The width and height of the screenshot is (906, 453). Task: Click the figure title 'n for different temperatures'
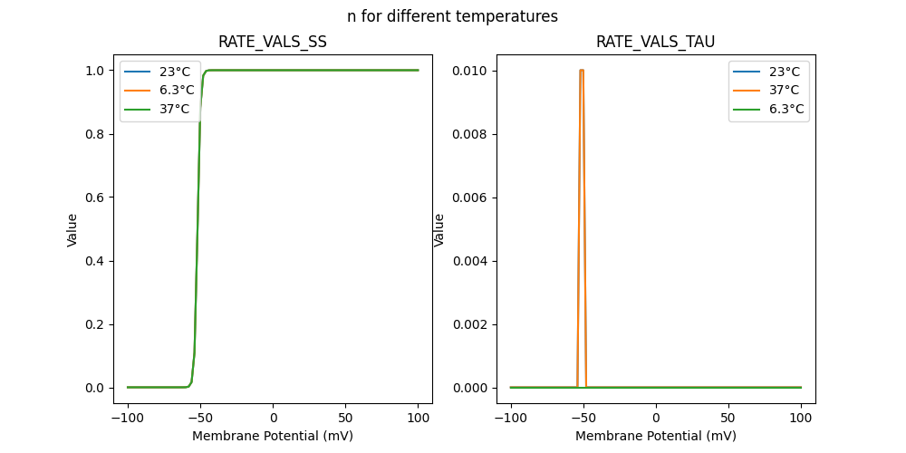point(452,16)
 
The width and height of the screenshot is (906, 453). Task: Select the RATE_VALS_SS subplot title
point(273,42)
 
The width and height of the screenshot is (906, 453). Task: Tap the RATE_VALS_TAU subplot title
point(655,42)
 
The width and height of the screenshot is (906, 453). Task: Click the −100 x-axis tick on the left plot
point(128,419)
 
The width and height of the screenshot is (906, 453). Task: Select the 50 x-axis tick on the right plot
point(728,419)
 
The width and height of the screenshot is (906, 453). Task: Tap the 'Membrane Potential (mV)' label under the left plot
point(273,436)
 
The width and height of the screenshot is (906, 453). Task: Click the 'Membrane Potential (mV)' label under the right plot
point(655,436)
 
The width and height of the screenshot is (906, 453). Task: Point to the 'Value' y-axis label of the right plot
point(439,229)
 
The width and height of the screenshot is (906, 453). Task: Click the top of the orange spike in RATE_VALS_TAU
point(582,70)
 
